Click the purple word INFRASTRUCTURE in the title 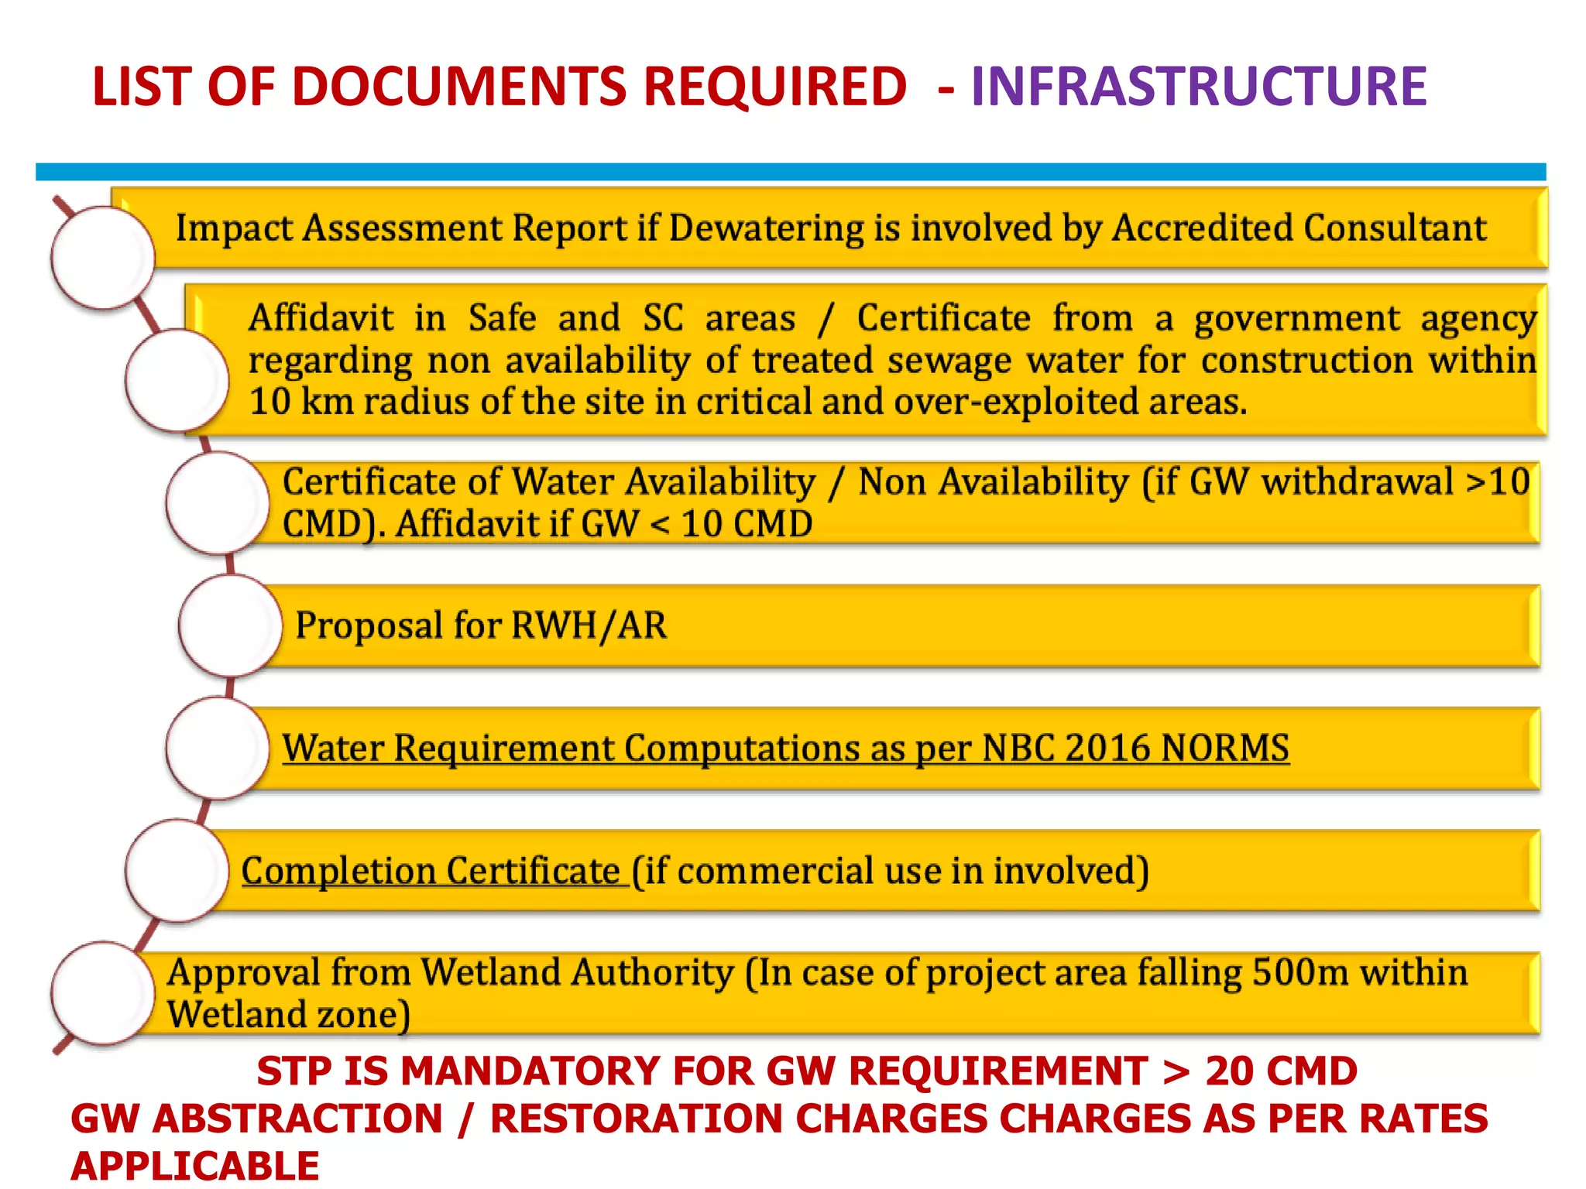click(1198, 86)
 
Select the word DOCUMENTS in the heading click(460, 86)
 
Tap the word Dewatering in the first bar click(765, 228)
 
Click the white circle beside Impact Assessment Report click(102, 258)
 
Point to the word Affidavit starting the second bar click(321, 318)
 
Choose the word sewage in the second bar click(949, 361)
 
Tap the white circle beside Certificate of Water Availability click(218, 502)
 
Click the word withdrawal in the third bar click(1357, 481)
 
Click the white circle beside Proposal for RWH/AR click(230, 625)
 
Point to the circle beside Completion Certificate click(177, 870)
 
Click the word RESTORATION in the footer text click(636, 1119)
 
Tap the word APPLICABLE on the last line click(195, 1166)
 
